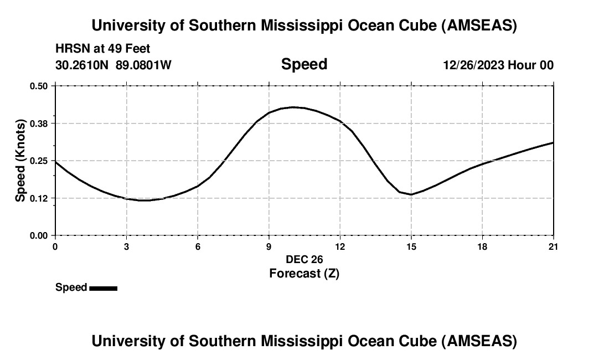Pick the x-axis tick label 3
[127, 246]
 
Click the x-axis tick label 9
[269, 246]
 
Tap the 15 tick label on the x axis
[411, 246]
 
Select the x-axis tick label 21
[554, 246]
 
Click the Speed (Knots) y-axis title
[20, 161]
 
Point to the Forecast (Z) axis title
[304, 273]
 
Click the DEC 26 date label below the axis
[304, 259]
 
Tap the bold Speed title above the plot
[304, 64]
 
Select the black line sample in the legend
[103, 288]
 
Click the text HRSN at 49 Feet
[103, 49]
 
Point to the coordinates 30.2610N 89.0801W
[113, 65]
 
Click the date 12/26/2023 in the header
[473, 65]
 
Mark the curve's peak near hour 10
[293, 107]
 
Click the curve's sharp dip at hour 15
[411, 194]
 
